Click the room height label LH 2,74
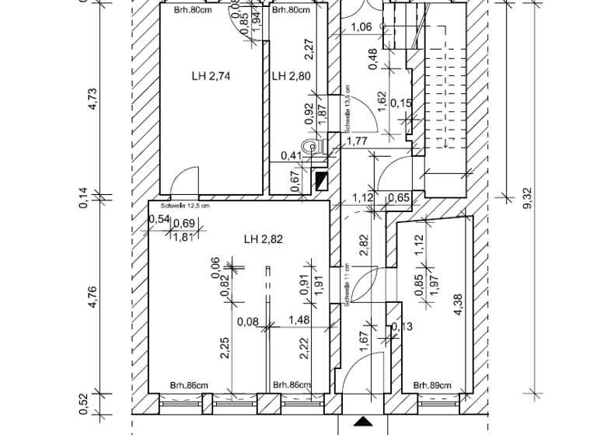[212, 76]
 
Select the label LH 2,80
[290, 76]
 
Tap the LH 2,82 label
[262, 239]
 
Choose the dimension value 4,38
[459, 304]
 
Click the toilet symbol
[315, 145]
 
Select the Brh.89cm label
[431, 385]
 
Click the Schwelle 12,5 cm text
[184, 206]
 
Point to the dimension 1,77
[357, 141]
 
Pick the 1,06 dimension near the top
[362, 28]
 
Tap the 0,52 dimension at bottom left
[93, 401]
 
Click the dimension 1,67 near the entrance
[364, 343]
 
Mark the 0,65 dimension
[398, 198]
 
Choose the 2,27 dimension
[309, 50]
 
